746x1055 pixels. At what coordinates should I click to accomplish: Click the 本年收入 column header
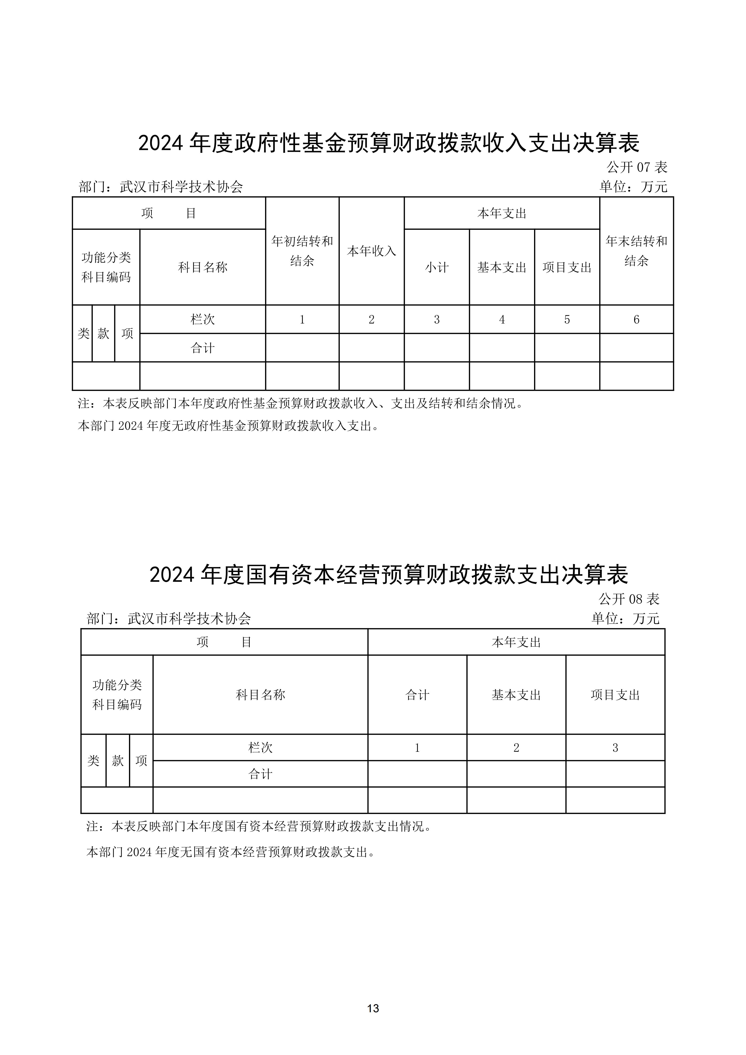point(371,251)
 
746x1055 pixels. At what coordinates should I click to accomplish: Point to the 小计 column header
point(436,267)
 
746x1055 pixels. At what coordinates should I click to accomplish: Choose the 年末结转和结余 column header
point(636,251)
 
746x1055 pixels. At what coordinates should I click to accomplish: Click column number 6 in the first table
point(636,319)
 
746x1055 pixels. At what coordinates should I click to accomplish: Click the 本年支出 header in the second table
point(516,642)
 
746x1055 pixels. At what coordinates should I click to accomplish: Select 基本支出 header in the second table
point(516,695)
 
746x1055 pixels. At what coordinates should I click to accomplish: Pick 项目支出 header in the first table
point(567,267)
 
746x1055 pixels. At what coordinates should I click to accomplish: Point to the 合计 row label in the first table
point(203,348)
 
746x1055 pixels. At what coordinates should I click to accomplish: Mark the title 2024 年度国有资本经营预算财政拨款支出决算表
point(389,574)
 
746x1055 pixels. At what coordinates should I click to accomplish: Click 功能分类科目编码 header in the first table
point(106,267)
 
